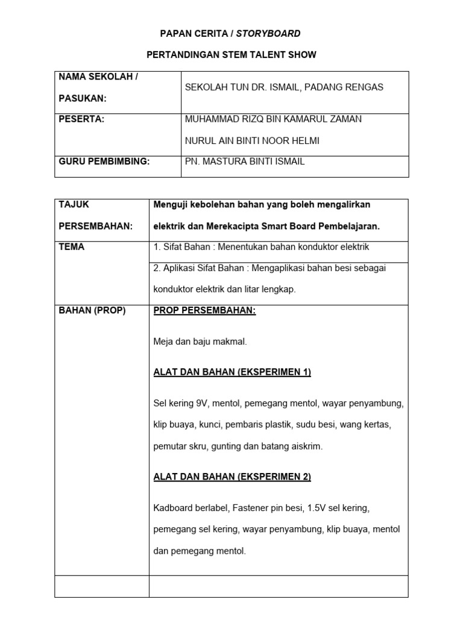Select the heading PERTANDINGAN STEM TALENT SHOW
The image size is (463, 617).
coord(231,55)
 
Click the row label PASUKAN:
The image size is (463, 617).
coord(82,98)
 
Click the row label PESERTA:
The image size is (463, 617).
coord(81,119)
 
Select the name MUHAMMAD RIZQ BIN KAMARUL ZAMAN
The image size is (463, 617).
coord(273,119)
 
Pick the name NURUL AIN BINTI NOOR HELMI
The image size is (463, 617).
coord(253,141)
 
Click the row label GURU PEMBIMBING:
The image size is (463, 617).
coord(104,161)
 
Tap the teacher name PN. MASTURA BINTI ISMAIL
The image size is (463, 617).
coord(245,161)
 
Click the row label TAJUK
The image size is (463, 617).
coord(74,204)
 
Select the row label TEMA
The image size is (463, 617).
coord(72,247)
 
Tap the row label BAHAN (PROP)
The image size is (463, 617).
coord(92,311)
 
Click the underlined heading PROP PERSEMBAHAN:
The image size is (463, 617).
coord(205,311)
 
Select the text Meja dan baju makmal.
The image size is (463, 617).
coord(200,342)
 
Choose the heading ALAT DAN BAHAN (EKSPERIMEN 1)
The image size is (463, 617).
coord(232,372)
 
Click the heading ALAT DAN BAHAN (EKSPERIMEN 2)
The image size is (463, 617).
coord(232,477)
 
